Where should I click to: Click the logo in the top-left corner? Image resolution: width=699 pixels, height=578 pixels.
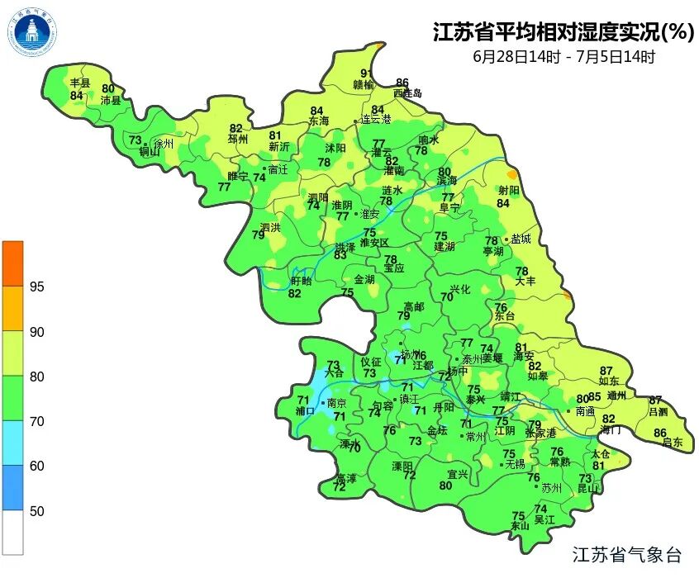32,32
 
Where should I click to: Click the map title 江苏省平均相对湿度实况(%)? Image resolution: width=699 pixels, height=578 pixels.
562,33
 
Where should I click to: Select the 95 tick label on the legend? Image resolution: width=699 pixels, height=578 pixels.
37,287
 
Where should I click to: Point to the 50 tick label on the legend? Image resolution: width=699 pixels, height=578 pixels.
37,511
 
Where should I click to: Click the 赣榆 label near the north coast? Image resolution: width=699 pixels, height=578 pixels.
364,84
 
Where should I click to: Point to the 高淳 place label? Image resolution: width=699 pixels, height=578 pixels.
345,478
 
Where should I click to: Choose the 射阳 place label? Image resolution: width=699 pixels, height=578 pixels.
509,191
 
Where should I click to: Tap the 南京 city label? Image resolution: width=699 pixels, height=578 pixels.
336,404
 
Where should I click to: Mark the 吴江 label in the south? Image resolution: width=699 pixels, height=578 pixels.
544,520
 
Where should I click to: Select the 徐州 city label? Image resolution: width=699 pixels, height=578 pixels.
164,144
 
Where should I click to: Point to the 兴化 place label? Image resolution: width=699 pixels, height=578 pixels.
459,289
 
